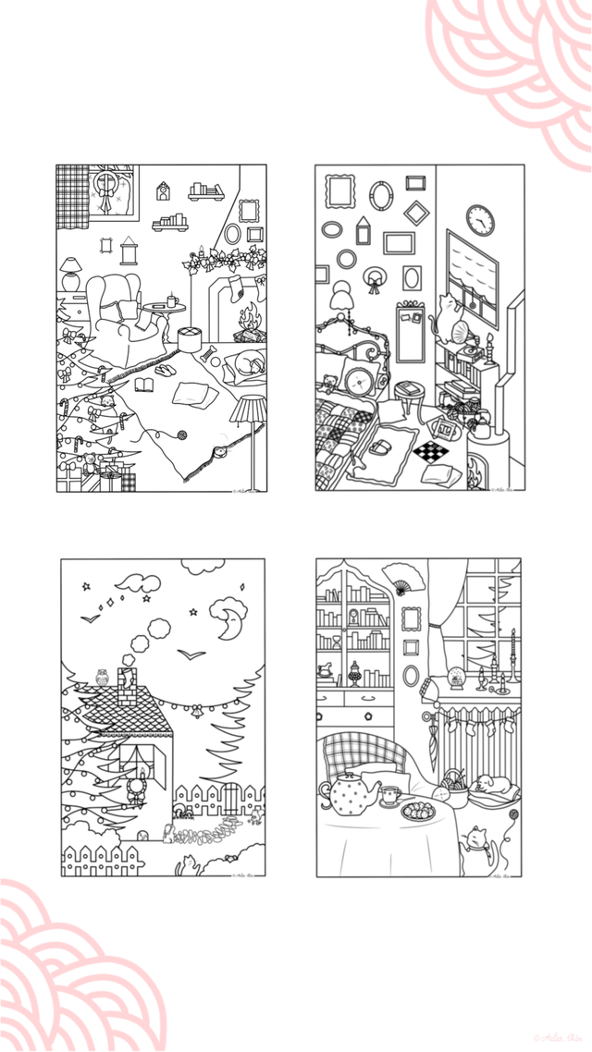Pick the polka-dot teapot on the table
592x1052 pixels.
click(x=349, y=793)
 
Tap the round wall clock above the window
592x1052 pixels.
click(x=480, y=220)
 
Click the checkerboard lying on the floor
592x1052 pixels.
click(x=429, y=452)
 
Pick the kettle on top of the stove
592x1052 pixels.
click(x=481, y=425)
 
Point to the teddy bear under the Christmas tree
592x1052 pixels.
click(x=108, y=404)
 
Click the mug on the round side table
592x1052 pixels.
click(x=172, y=300)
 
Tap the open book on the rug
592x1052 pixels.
click(x=146, y=384)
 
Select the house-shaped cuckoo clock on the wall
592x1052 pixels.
click(x=163, y=190)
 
